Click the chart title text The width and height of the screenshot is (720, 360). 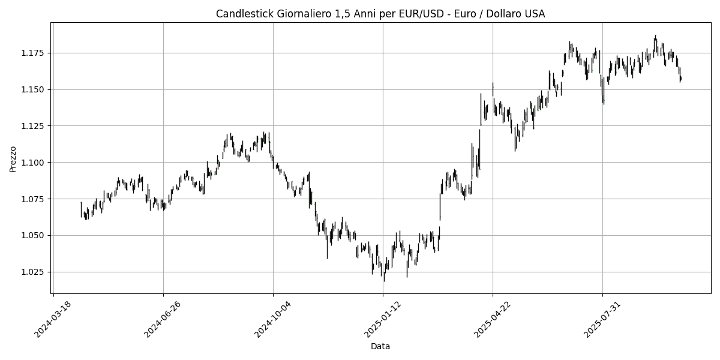coord(380,14)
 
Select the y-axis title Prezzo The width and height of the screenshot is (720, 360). coord(13,158)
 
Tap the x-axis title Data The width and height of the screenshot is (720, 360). coord(380,346)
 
